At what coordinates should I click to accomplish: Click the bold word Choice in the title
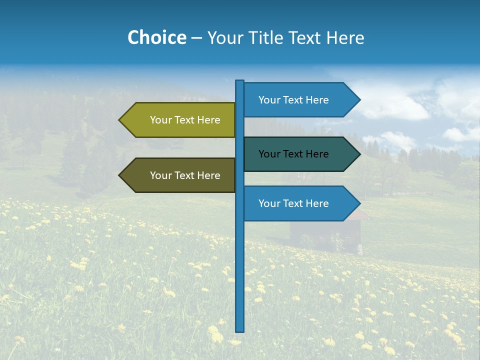pos(156,38)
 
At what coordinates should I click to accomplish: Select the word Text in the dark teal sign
pos(294,154)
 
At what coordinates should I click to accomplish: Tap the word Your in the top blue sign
pos(269,100)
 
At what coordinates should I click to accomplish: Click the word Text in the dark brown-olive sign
pos(185,175)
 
